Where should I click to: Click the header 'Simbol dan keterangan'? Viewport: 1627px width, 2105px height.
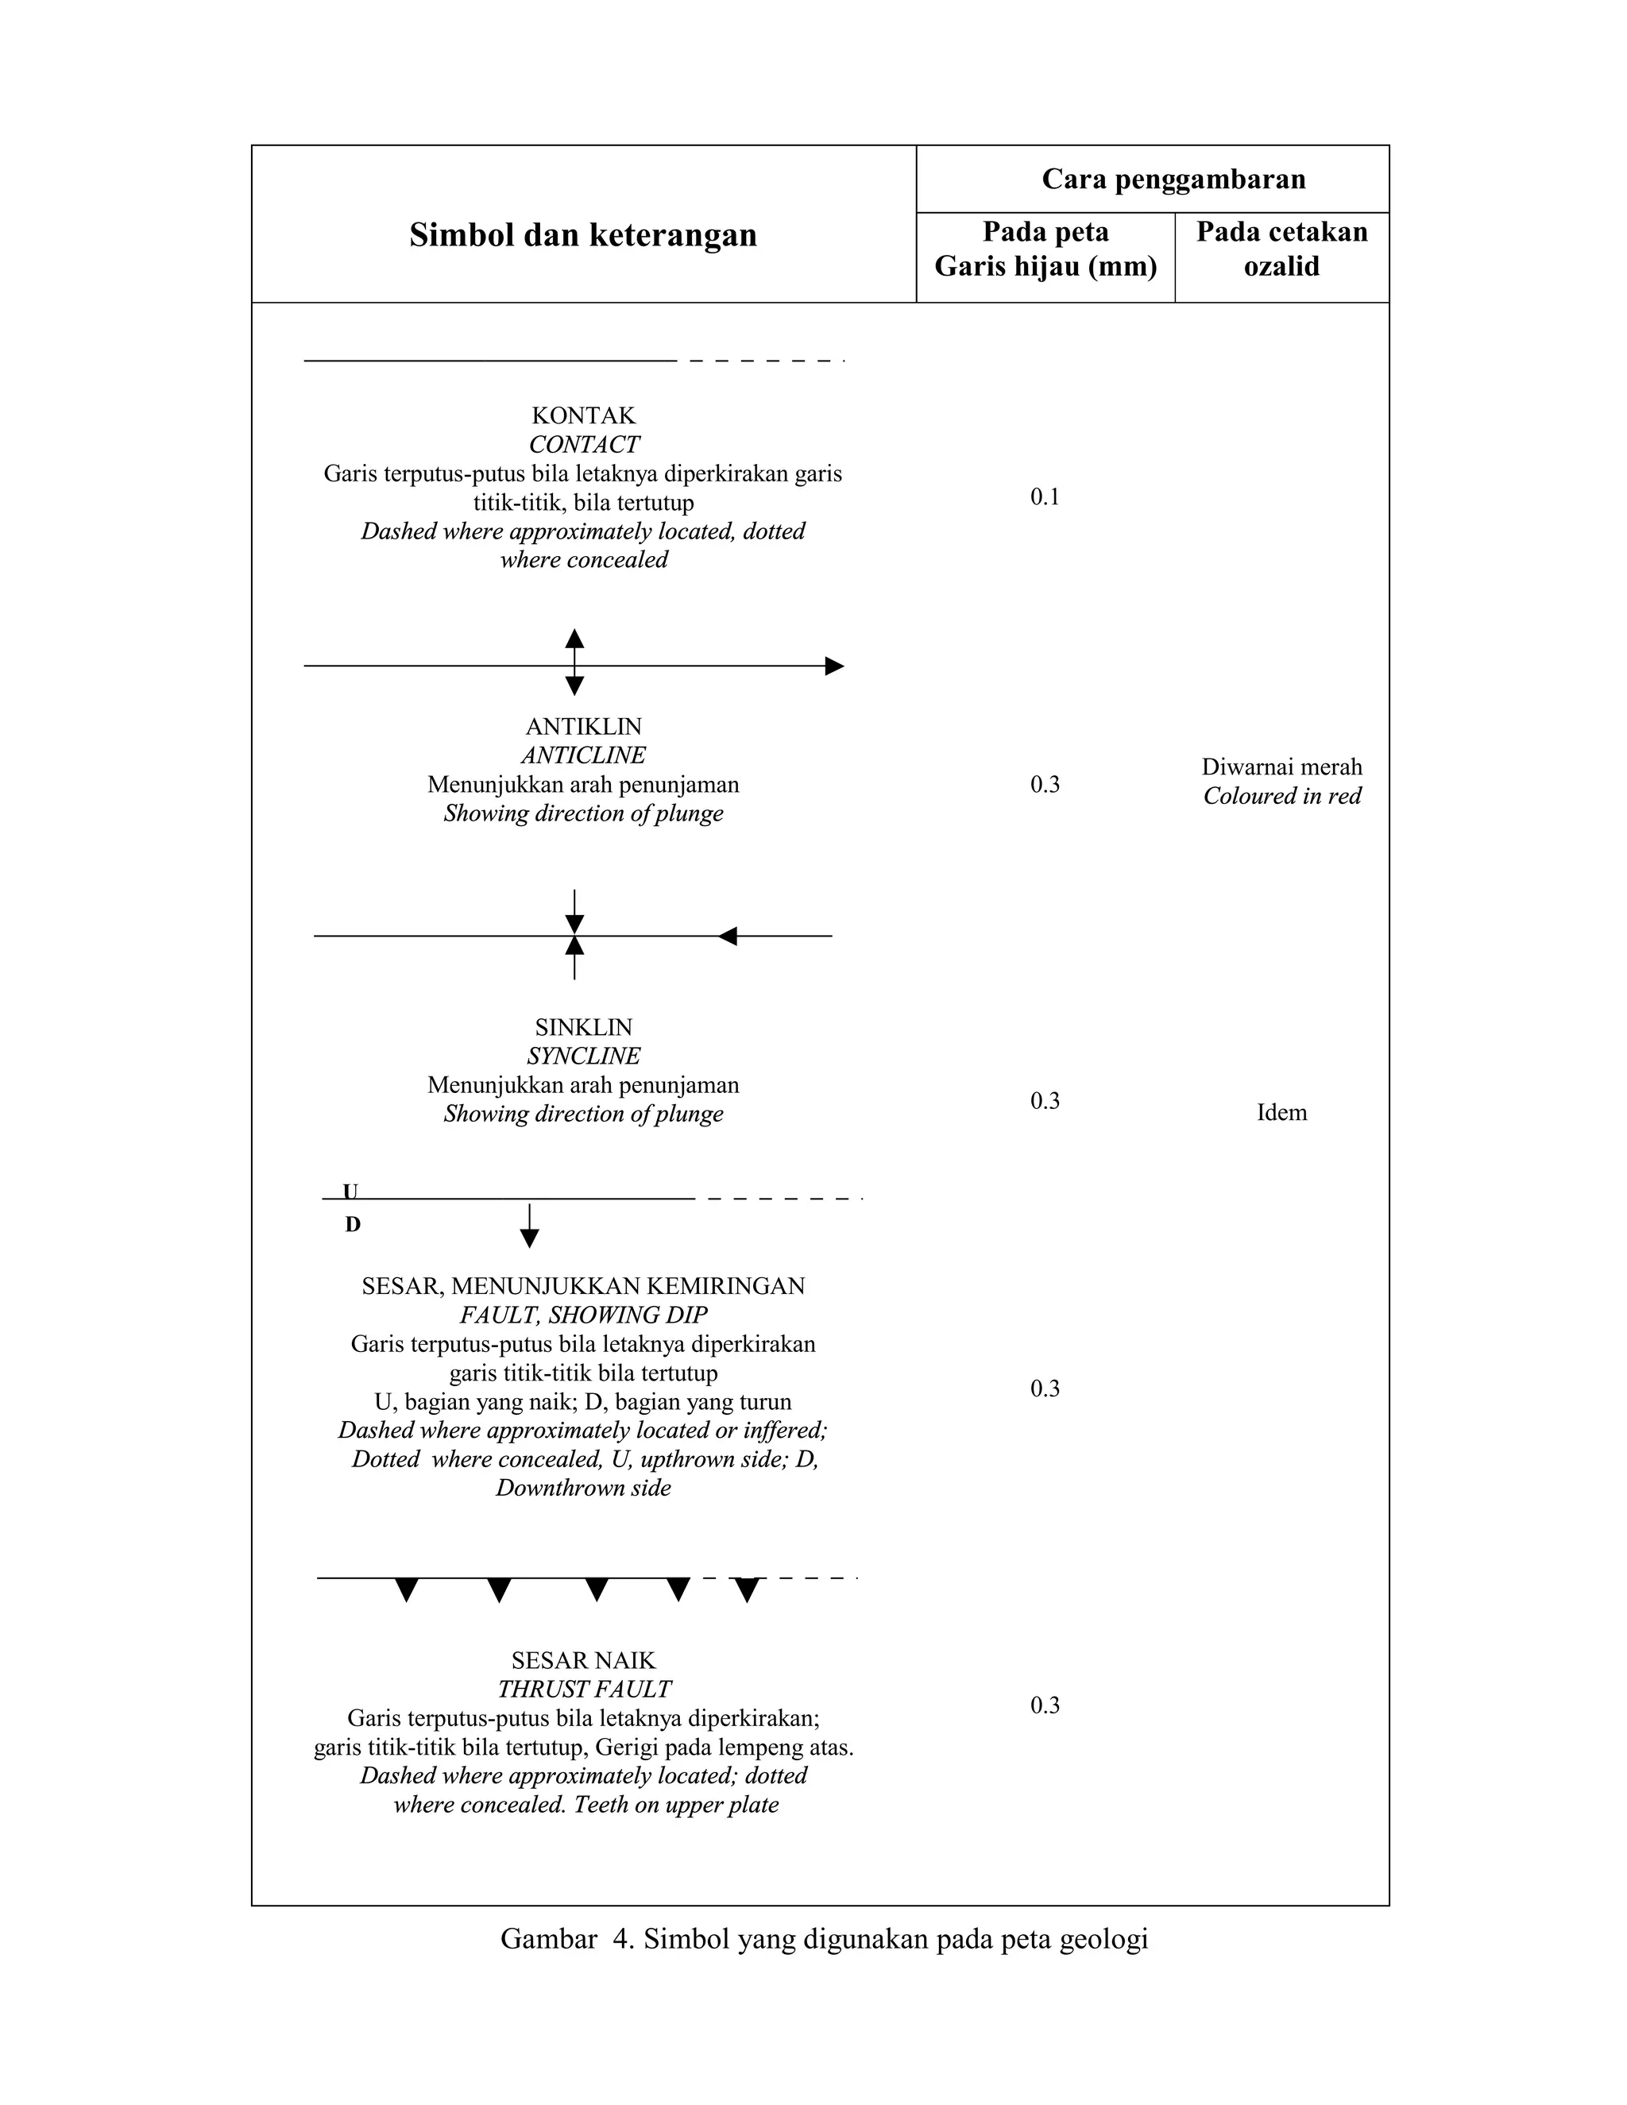(582, 235)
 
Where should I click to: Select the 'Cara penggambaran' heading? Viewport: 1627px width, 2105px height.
(1173, 180)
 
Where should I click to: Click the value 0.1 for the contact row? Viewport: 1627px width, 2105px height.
(1045, 497)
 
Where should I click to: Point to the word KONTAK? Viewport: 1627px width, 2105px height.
(583, 416)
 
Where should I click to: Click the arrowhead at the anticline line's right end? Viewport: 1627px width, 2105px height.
(835, 666)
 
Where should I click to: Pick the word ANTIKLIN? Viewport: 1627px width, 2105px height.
(583, 727)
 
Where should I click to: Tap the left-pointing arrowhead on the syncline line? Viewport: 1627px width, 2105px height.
(728, 936)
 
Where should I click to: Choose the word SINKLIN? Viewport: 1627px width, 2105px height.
(583, 1027)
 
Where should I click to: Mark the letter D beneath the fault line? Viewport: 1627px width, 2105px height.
(353, 1225)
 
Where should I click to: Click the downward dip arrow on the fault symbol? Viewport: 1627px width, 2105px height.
(529, 1238)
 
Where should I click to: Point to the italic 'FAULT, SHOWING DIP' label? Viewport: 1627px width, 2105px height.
(583, 1315)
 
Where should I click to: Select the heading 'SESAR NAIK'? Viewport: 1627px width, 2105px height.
(583, 1661)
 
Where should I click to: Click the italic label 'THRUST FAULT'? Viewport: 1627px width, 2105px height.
(583, 1690)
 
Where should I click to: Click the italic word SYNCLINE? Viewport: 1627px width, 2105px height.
(583, 1056)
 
